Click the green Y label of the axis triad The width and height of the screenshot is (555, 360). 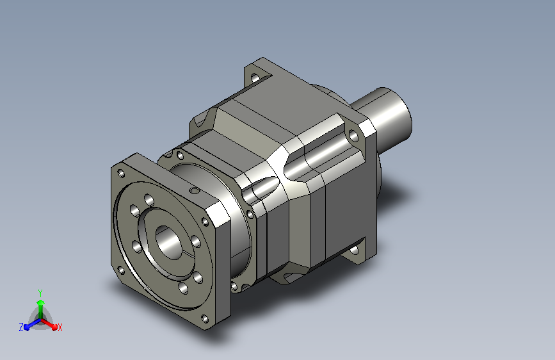[x=40, y=293]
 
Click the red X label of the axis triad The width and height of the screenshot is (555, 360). [x=60, y=327]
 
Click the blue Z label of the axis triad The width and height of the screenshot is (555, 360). [x=21, y=327]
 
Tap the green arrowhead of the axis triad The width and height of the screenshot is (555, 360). [x=40, y=302]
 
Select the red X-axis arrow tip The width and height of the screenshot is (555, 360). [x=54, y=327]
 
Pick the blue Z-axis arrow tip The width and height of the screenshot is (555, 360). [x=27, y=327]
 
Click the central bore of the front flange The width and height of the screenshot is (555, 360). [x=168, y=242]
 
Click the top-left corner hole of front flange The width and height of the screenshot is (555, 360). [x=121, y=174]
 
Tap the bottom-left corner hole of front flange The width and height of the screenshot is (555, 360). [x=121, y=271]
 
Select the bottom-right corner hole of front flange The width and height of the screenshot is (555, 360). [x=205, y=319]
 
